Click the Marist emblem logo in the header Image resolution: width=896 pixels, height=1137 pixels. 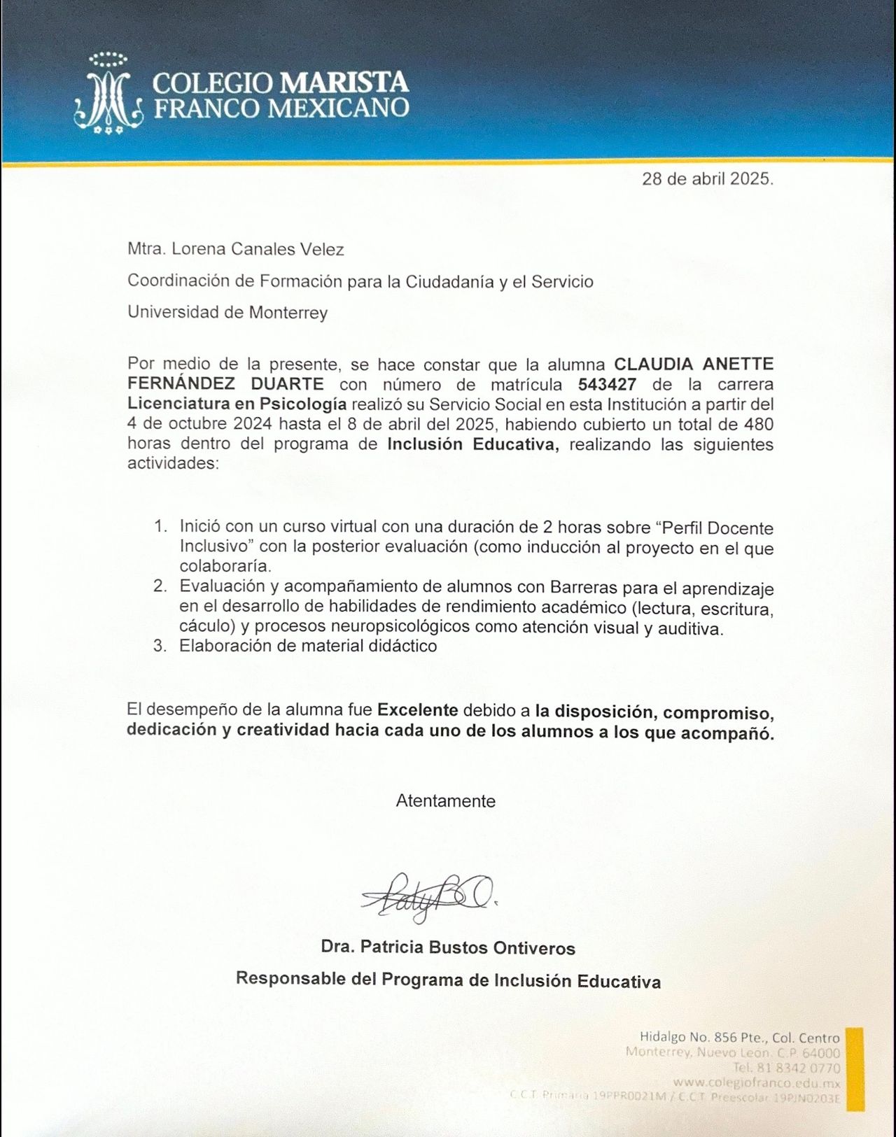tap(108, 94)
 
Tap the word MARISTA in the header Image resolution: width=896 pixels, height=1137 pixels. tap(344, 83)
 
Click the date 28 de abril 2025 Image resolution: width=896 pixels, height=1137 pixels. tap(707, 178)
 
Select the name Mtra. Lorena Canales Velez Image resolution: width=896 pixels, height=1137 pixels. tap(235, 249)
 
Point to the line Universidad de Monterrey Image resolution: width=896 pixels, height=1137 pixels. tap(227, 312)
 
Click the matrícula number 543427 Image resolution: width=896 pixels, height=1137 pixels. tap(607, 384)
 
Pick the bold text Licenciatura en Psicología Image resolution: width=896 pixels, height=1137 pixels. tap(237, 404)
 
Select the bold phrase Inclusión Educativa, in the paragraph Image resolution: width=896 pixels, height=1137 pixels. tap(473, 444)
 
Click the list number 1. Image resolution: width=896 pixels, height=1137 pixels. tap(160, 526)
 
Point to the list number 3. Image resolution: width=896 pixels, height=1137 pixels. tap(160, 646)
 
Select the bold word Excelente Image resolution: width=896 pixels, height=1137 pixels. tap(417, 710)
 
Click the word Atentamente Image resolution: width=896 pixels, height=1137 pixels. tap(445, 801)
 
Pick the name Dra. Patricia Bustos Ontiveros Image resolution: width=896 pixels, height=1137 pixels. tap(447, 948)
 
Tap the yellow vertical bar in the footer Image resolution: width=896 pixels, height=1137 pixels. tap(855, 1068)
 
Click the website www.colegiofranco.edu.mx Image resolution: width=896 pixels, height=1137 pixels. tap(756, 1083)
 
